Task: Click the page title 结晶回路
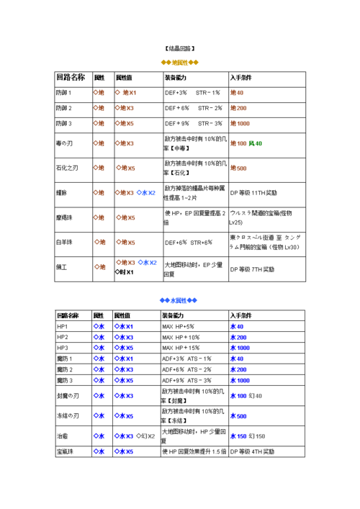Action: click(x=179, y=49)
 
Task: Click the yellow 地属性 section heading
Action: click(x=179, y=63)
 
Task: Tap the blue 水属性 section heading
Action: click(x=179, y=299)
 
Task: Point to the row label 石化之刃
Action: click(x=70, y=168)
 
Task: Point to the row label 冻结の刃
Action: click(x=67, y=415)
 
